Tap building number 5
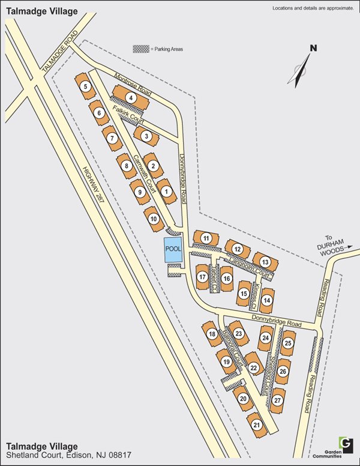point(86,87)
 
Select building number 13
point(265,262)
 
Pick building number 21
point(257,425)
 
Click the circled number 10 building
point(153,219)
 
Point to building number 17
point(202,277)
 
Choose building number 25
point(288,343)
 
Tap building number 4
point(130,98)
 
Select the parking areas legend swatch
point(141,49)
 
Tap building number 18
point(211,334)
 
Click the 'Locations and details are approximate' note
point(313,8)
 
